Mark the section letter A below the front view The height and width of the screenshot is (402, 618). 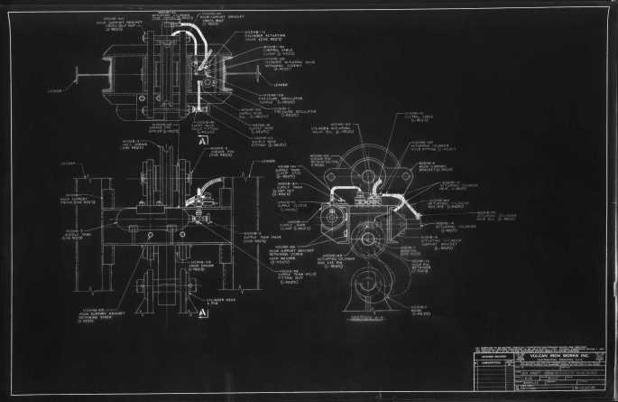click(204, 313)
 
